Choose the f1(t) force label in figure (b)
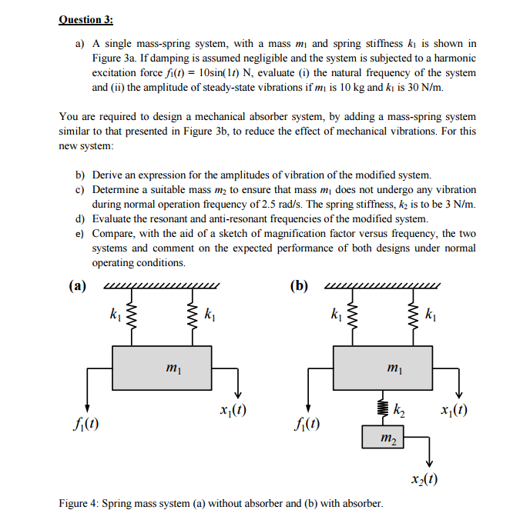tap(308, 422)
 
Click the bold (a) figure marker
tap(76, 287)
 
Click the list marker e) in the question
tap(80, 233)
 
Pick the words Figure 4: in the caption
tap(80, 503)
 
